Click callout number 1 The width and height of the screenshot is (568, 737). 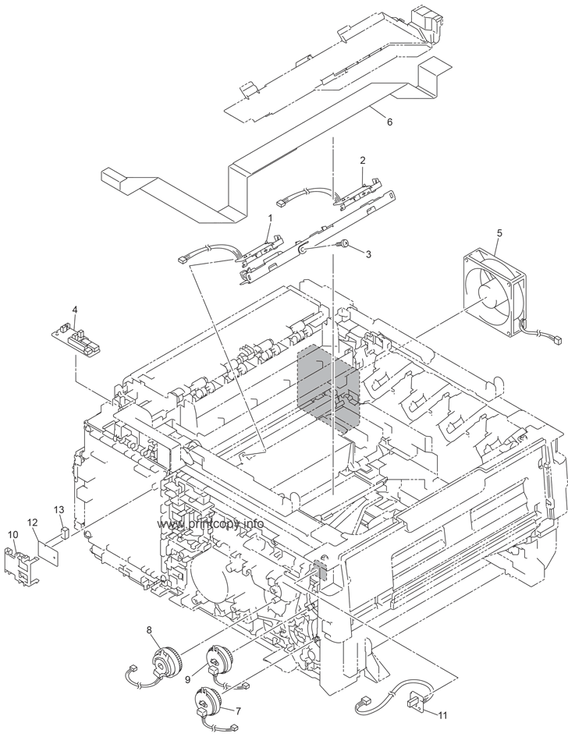pos(270,219)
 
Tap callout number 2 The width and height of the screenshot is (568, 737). pos(363,160)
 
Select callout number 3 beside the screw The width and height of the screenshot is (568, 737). pos(368,253)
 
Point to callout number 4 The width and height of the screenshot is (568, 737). pos(75,310)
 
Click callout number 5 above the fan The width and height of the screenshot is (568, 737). pos(499,232)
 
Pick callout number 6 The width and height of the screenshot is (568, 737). pos(389,122)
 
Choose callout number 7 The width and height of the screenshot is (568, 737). pos(238,710)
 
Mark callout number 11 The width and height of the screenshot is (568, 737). pos(443,715)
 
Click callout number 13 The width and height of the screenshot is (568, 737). pos(59,509)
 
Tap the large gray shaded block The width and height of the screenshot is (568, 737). pos(328,386)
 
